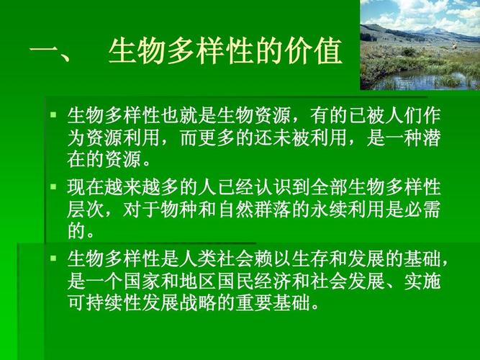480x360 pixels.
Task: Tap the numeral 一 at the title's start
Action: [x=44, y=52]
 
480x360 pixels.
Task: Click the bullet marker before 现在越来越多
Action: [x=53, y=187]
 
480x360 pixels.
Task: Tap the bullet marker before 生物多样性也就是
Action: [x=53, y=114]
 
